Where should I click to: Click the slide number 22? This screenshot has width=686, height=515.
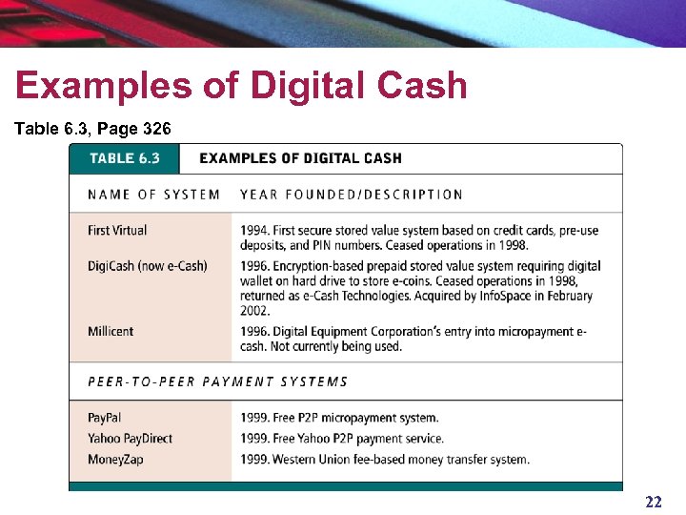(654, 502)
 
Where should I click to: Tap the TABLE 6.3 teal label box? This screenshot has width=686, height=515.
(124, 158)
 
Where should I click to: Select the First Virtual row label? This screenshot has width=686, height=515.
(117, 230)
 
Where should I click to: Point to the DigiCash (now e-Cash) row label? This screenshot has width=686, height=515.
(147, 265)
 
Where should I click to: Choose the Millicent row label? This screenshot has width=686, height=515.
(111, 331)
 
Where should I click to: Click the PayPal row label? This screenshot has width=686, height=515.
(105, 418)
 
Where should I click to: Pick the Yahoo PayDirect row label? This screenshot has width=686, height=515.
(131, 439)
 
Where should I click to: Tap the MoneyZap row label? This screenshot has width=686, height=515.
(115, 460)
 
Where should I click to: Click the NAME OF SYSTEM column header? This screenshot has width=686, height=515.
(153, 195)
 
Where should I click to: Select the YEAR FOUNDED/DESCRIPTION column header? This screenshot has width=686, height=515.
(352, 195)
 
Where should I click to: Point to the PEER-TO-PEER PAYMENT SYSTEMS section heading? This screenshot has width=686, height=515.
(218, 381)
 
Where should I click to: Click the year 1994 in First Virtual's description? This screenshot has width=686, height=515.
(254, 230)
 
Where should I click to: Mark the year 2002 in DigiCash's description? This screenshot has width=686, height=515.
(255, 311)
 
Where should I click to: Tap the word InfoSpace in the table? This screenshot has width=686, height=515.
(510, 296)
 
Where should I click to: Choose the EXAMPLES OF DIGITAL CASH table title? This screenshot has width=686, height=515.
(300, 158)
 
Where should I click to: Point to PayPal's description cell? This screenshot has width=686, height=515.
(340, 418)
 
